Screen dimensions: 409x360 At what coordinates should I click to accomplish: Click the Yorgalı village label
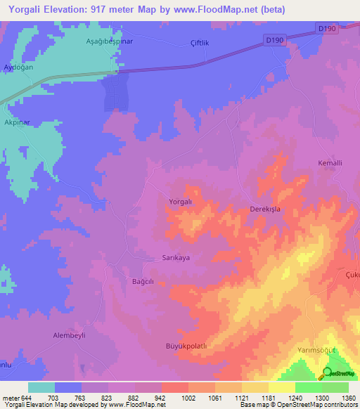(x=181, y=202)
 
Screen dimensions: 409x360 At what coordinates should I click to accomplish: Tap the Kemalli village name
(x=330, y=163)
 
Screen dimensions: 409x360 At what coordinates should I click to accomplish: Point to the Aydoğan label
(x=19, y=67)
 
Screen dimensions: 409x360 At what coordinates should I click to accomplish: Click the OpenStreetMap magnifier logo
(x=327, y=373)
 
